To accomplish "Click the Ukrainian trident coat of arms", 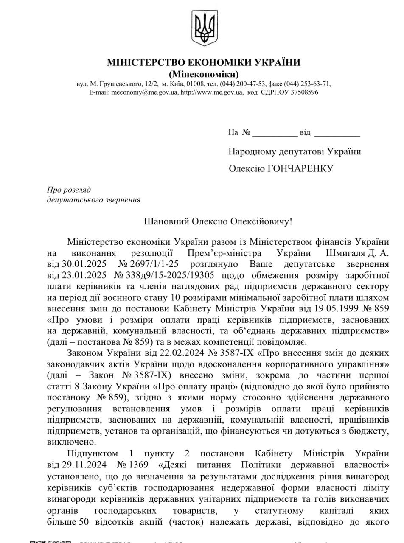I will (205, 28).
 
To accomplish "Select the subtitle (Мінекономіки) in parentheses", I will (204, 74).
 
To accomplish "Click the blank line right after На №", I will (275, 133).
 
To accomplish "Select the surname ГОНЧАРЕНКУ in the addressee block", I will (300, 169).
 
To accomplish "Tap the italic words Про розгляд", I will (69, 190).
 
